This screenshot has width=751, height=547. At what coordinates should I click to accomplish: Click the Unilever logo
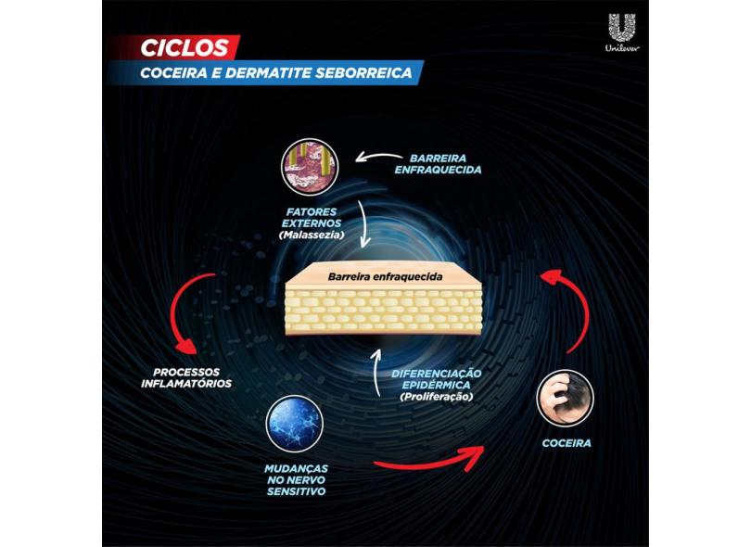[622, 32]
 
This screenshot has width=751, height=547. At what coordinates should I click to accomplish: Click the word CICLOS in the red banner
[185, 48]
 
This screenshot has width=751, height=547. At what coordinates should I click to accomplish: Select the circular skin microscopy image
[310, 167]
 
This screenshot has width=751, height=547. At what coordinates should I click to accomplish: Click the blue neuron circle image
[295, 424]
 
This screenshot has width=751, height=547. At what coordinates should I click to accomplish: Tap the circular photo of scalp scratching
[566, 399]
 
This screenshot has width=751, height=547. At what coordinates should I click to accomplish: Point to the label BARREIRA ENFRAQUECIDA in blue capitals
[438, 164]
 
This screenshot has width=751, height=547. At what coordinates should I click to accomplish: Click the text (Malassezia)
[312, 235]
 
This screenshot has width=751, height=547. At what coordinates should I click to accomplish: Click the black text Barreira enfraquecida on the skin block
[385, 277]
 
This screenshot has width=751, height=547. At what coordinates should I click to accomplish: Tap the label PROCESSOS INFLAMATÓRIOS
[186, 378]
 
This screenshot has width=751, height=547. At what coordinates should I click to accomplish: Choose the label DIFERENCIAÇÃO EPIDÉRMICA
[437, 379]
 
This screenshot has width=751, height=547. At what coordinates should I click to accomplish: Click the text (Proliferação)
[437, 397]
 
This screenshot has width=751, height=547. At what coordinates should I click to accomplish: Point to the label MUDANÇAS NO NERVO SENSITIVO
[296, 480]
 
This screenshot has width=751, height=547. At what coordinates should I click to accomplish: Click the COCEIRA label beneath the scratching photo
[566, 443]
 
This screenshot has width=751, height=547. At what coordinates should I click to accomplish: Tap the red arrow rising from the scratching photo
[581, 307]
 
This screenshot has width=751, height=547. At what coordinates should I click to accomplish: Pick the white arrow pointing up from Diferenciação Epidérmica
[377, 371]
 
